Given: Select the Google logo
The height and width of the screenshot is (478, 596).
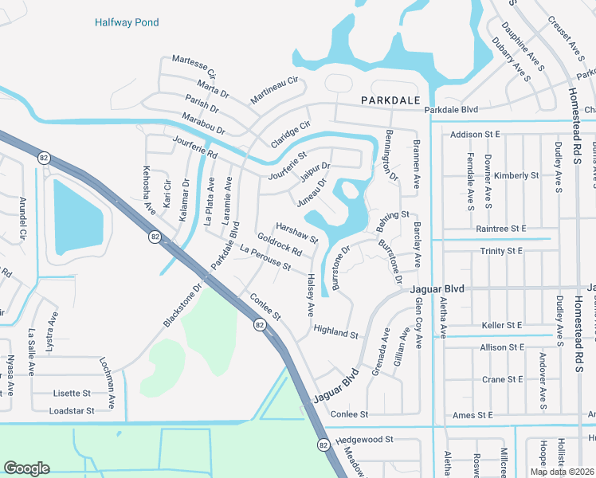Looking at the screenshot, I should pos(26,468).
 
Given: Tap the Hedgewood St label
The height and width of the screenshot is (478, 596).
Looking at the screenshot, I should pos(365,439).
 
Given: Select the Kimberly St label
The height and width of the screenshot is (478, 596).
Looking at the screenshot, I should pos(516,175).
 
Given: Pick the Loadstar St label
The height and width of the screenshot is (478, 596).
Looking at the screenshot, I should pos(72,410).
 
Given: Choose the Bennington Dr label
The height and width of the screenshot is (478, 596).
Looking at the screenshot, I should pos(391,155).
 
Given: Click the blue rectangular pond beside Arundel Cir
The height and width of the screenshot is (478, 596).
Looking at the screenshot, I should pos(78,215).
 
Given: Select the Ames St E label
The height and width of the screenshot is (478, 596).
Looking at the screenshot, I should pos(473,415).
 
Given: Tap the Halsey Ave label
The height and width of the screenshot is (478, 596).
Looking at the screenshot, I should pos(308,292).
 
